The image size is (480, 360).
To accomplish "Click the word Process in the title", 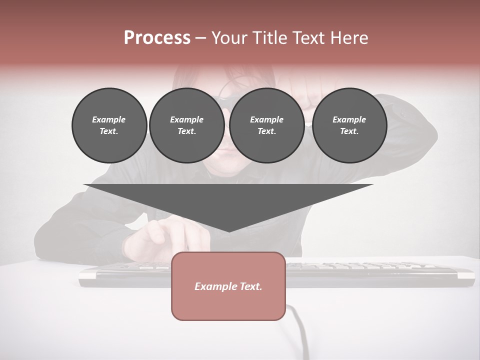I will [x=157, y=38].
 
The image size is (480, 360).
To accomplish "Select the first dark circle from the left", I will [x=109, y=125].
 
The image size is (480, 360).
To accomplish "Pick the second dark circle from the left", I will [x=186, y=125].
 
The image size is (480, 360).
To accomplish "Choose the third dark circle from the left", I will [x=266, y=125].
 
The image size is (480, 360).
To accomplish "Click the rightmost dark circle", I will [x=349, y=125].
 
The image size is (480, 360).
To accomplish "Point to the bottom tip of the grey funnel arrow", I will [x=228, y=231].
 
